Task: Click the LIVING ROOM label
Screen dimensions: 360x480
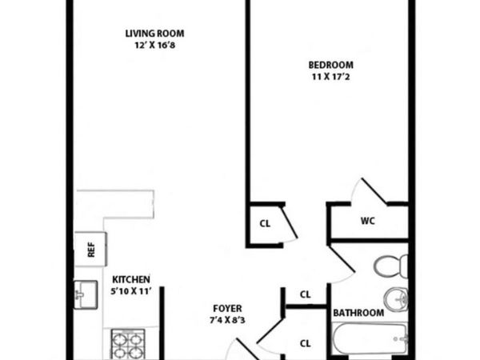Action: coord(154,33)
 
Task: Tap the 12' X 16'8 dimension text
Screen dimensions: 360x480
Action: coord(154,45)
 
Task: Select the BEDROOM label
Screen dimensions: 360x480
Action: coord(330,65)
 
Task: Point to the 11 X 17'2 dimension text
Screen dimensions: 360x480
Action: coord(330,77)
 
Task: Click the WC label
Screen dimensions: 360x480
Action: coord(368,219)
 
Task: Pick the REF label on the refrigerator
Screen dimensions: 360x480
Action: coord(90,250)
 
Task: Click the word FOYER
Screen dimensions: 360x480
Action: coord(227,308)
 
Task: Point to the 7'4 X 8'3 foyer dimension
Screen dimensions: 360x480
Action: coord(227,320)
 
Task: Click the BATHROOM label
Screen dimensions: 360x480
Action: coord(358,313)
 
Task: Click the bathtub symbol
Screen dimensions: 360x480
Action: coord(371,342)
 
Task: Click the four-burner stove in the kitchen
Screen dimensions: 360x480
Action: coord(124,344)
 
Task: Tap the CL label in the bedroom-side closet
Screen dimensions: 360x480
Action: coord(265,223)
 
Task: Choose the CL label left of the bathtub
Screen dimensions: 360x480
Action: coord(305,343)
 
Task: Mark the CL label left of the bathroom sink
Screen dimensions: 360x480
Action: coord(305,294)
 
